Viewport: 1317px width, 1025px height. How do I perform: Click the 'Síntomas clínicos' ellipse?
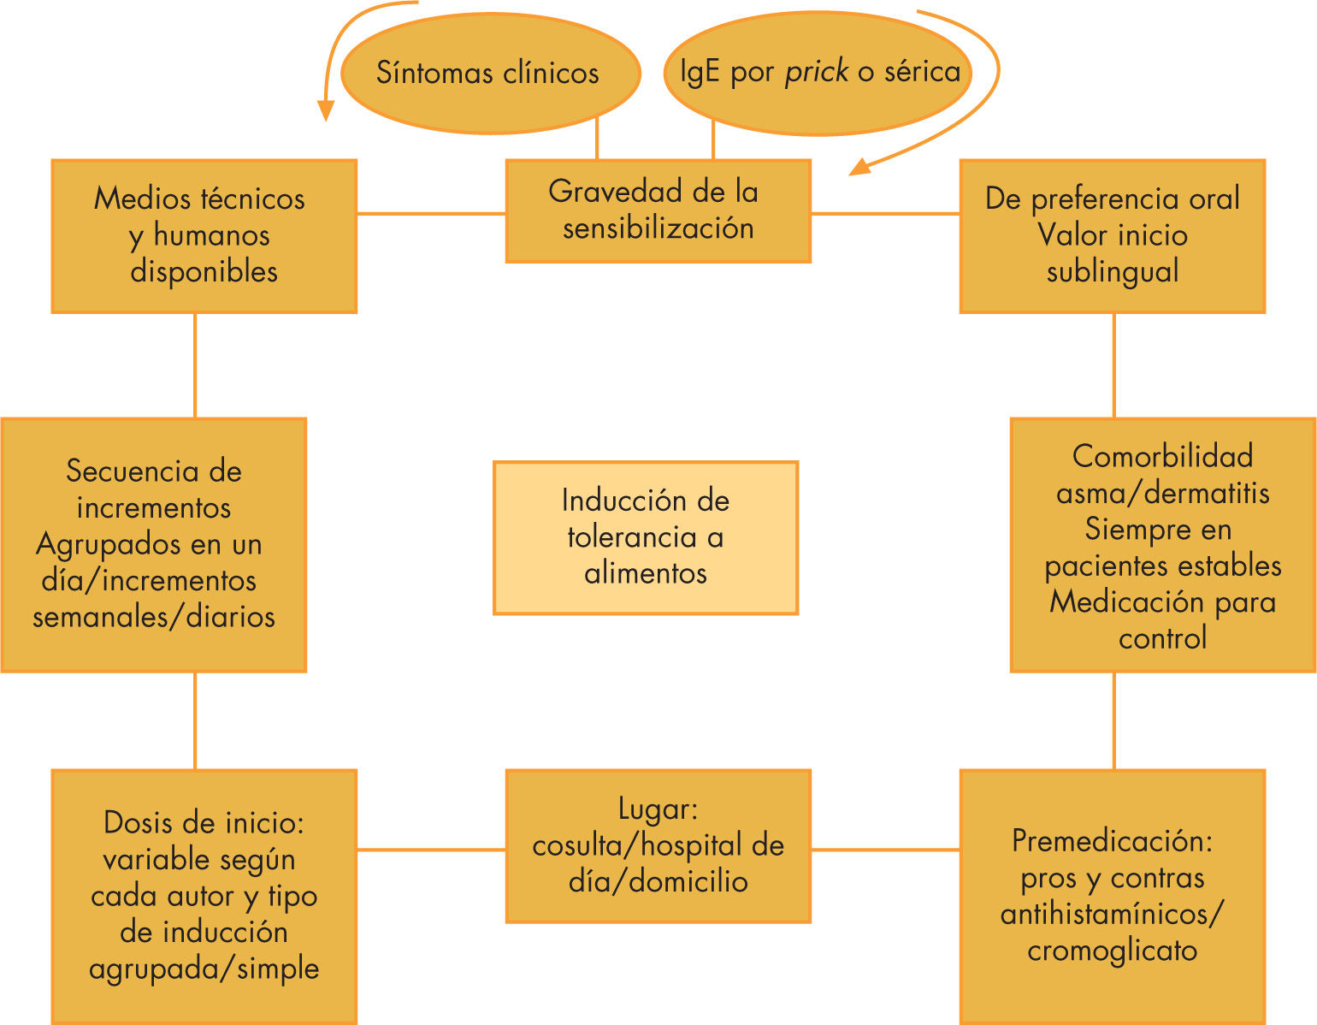click(489, 74)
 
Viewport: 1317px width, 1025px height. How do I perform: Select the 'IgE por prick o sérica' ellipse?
click(818, 74)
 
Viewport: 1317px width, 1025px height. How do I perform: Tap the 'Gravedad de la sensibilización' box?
click(658, 210)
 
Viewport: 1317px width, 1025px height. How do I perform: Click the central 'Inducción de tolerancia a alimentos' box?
click(646, 537)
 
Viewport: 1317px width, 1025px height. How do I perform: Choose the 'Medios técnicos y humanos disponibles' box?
click(204, 235)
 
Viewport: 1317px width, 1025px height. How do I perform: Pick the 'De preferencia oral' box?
click(1112, 235)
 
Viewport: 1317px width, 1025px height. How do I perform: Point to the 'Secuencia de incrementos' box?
click(154, 544)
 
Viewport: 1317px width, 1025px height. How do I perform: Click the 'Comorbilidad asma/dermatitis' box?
click(1162, 546)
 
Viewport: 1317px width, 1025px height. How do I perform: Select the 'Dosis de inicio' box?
click(204, 895)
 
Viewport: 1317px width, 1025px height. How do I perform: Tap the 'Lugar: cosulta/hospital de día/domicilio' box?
click(658, 845)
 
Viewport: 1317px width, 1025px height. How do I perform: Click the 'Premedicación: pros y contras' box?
click(1112, 895)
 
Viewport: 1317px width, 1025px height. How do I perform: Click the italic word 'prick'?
click(817, 72)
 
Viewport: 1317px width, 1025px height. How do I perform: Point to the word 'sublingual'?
click(1112, 272)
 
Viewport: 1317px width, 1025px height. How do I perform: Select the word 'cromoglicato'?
click(1112, 951)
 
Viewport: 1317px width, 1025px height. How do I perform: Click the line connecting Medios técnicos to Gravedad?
click(431, 213)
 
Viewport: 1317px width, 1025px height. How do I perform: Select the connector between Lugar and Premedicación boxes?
click(885, 850)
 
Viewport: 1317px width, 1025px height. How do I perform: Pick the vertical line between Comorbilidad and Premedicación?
click(1113, 720)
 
